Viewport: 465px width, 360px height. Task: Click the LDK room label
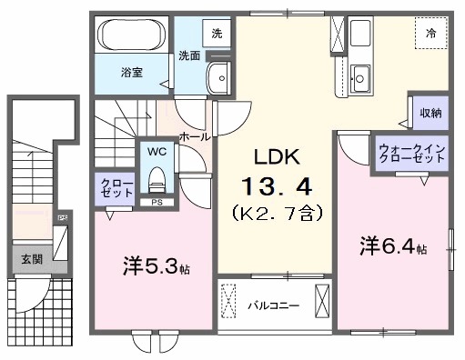(x=277, y=155)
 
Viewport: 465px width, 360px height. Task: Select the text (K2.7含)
(x=277, y=215)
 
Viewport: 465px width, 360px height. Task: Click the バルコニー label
(x=273, y=305)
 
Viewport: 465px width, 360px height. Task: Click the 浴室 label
(x=131, y=71)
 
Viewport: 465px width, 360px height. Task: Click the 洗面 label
(x=189, y=55)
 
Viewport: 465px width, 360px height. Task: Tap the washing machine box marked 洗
(x=217, y=33)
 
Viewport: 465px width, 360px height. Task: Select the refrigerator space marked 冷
(x=431, y=33)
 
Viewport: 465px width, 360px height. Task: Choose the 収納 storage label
(x=430, y=113)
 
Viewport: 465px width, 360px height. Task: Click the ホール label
(x=194, y=136)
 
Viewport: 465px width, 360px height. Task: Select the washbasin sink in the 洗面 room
(x=218, y=79)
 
